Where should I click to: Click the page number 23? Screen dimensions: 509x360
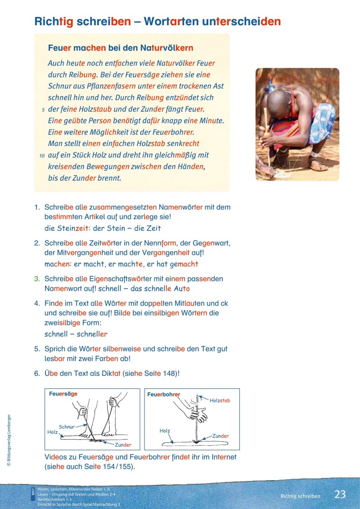pyautogui.click(x=340, y=494)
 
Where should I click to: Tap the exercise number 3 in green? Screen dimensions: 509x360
pyautogui.click(x=37, y=279)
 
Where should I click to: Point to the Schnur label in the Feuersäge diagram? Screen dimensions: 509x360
pyautogui.click(x=66, y=426)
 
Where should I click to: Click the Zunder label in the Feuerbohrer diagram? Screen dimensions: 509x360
pyautogui.click(x=220, y=436)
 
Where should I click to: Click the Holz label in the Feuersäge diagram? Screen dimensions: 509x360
pyautogui.click(x=52, y=432)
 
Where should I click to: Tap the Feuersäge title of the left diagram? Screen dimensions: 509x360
pyautogui.click(x=63, y=394)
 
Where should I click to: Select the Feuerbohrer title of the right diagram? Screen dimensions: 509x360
pyautogui.click(x=164, y=394)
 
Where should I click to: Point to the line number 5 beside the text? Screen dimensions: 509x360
pyautogui.click(x=42, y=109)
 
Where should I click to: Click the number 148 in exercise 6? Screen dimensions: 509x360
pyautogui.click(x=169, y=373)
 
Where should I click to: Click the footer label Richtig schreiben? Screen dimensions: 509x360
pyautogui.click(x=300, y=496)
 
